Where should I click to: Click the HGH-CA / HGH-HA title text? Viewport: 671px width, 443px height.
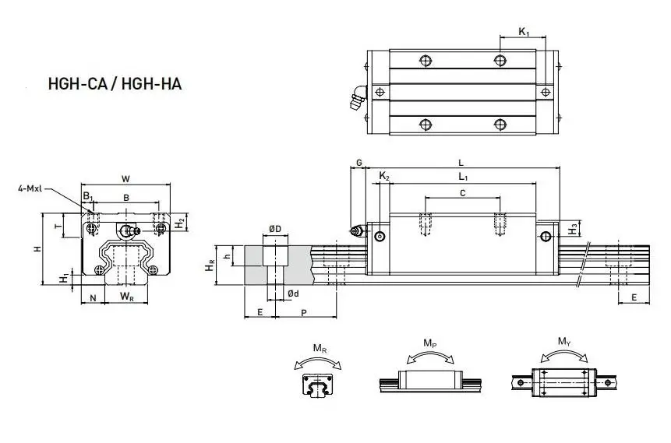[x=115, y=83]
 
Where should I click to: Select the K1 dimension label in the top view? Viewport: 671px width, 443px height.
[x=524, y=32]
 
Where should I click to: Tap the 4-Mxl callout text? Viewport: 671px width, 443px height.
[x=32, y=188]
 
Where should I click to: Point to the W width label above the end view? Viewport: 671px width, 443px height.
[x=125, y=178]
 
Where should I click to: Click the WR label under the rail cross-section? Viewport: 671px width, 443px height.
[x=126, y=297]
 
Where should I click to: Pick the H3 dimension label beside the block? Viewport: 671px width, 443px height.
[x=574, y=228]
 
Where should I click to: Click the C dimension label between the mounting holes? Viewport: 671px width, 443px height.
[x=462, y=192]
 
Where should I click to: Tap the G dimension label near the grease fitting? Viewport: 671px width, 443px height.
[x=358, y=162]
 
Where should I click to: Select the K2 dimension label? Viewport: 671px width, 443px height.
[x=383, y=177]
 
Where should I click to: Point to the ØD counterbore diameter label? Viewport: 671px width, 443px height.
[x=274, y=228]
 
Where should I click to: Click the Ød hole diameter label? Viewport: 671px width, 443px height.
[x=292, y=293]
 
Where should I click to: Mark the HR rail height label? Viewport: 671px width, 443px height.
[x=210, y=267]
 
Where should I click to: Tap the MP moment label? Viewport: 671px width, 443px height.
[x=429, y=343]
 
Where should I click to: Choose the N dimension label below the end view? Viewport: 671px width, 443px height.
[x=93, y=297]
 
